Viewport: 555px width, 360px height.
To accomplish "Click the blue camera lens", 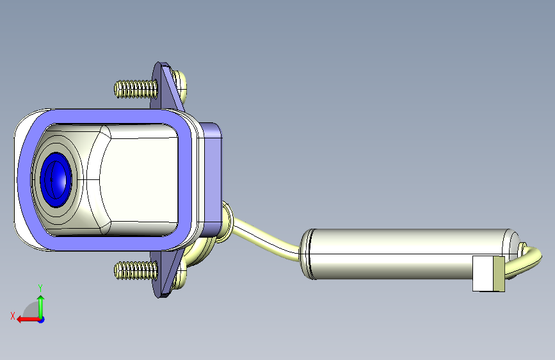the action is (x=56, y=179).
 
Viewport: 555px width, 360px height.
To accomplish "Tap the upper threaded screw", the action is (x=136, y=89).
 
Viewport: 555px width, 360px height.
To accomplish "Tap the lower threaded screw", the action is (x=136, y=270).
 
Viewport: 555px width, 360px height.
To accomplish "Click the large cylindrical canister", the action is (x=407, y=254).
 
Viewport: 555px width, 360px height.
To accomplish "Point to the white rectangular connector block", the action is (x=483, y=274).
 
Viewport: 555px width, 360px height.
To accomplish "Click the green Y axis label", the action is (x=40, y=288).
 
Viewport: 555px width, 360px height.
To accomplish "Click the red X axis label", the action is (x=13, y=316).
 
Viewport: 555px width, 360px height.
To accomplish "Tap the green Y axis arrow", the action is (x=41, y=307).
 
